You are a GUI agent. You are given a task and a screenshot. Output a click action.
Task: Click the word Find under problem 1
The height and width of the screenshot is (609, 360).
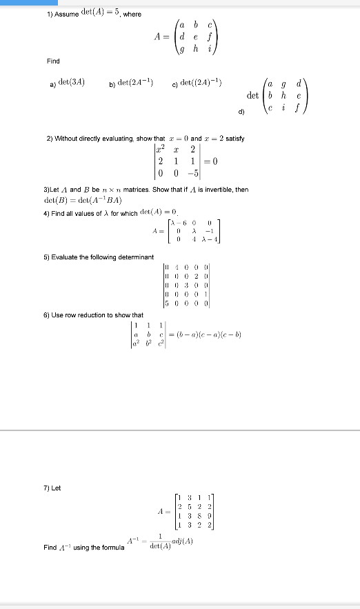click(x=53, y=61)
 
